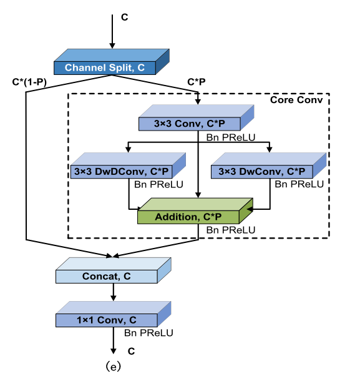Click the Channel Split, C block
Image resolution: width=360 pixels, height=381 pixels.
click(x=106, y=67)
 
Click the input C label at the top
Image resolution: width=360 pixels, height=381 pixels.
click(x=124, y=17)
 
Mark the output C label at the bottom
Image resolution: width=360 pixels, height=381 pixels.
click(x=132, y=351)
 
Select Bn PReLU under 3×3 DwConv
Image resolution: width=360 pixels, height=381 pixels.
click(x=299, y=184)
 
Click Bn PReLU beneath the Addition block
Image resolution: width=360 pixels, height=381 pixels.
click(x=230, y=230)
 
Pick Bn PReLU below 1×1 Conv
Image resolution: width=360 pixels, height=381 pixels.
click(x=148, y=334)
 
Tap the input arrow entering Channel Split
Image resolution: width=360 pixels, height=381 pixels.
click(x=112, y=36)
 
